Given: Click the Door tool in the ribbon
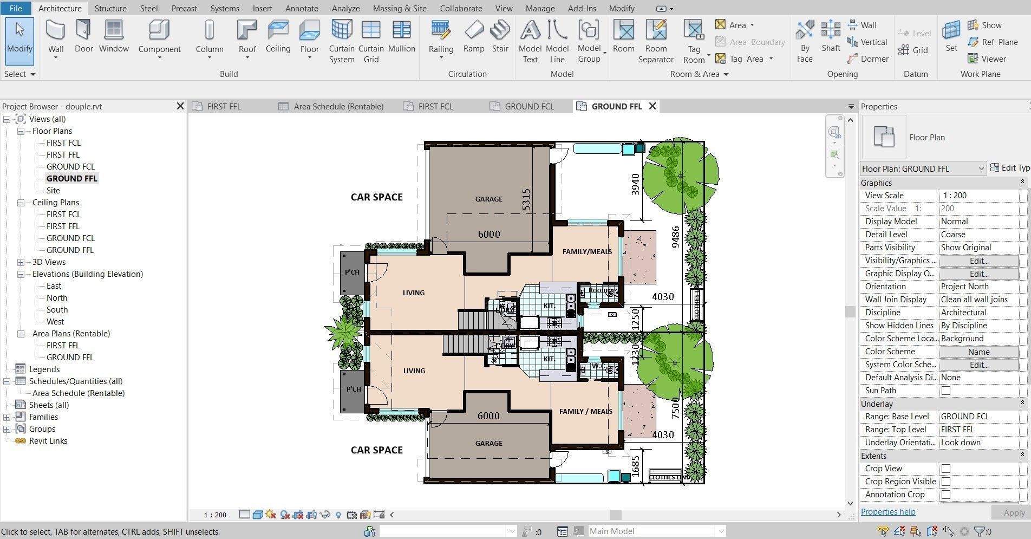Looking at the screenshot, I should click(83, 36).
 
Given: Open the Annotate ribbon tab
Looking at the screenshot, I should click(302, 8).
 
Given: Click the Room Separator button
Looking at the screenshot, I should click(655, 41).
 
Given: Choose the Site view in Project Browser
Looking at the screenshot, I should click(53, 190).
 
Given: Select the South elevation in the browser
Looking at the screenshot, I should click(57, 309).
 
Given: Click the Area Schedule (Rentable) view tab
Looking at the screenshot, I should click(338, 106).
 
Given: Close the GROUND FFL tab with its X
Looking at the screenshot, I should click(652, 106).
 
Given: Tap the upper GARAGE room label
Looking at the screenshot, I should click(488, 199).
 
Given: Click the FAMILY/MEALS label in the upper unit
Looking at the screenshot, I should click(587, 251).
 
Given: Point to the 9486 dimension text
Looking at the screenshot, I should click(675, 237).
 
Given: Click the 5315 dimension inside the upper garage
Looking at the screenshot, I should click(526, 199).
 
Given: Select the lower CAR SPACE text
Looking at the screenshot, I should click(376, 450).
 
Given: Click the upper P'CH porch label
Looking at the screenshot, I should click(352, 272).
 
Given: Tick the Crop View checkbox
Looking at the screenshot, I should click(945, 469).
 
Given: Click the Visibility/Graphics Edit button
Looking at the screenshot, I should click(978, 261).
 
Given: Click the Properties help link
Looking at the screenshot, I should click(888, 511).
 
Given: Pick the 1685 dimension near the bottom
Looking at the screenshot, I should click(635, 466).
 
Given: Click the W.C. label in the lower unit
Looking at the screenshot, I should click(598, 366).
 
